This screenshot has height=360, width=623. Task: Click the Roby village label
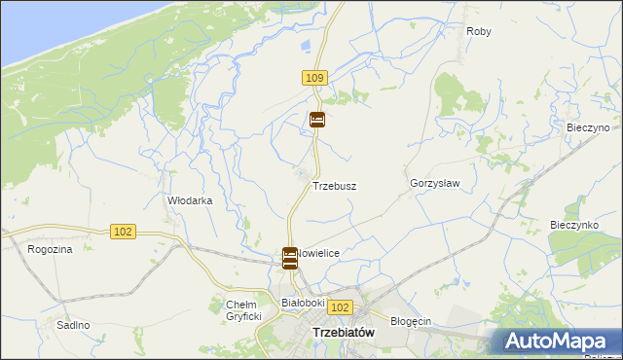pos(478,32)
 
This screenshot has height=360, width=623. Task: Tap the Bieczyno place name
pos(587,127)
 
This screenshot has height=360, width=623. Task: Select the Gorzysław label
pos(434,183)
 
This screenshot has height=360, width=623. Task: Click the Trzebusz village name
pos(333,185)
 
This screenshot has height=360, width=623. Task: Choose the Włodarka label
pos(190,200)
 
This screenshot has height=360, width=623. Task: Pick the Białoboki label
pos(302,303)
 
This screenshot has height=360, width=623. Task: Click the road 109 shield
pos(314,77)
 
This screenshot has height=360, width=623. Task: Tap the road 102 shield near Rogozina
pos(123,232)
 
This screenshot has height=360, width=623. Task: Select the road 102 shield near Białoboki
pos(338,307)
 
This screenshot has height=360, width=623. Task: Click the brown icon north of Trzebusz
pos(317,121)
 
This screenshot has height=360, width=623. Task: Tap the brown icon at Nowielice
pos(289,258)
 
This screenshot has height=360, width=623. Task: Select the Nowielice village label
pos(319,253)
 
